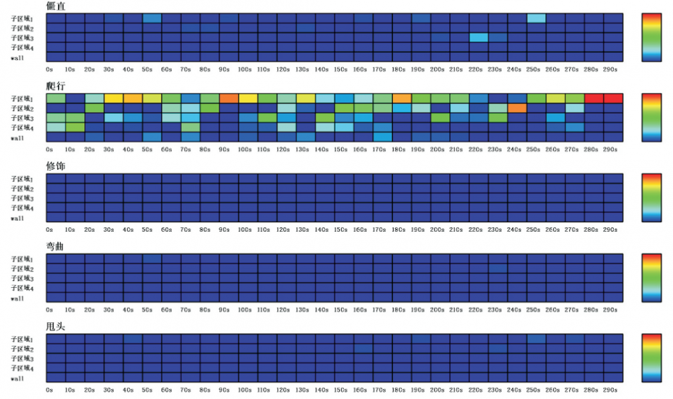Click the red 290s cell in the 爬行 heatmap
[x=613, y=98]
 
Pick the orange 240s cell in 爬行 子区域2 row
[x=517, y=108]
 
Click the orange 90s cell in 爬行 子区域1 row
[x=228, y=98]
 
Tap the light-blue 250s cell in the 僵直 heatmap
[x=536, y=18]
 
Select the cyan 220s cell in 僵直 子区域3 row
[x=479, y=38]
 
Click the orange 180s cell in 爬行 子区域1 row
[x=402, y=98]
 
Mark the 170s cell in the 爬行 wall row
[x=382, y=137]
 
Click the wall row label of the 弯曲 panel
[x=17, y=299]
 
